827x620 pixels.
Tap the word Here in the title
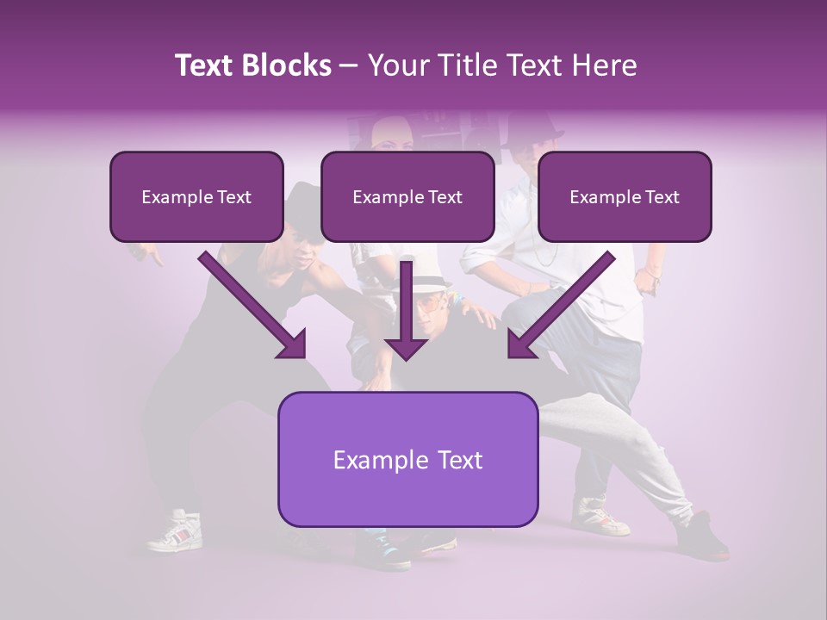(604, 65)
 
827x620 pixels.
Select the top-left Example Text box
(196, 196)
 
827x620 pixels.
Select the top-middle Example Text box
(407, 196)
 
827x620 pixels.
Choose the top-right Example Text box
(625, 196)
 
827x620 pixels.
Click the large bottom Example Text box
(407, 459)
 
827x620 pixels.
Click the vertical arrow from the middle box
(407, 310)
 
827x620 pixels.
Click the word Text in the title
(208, 65)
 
